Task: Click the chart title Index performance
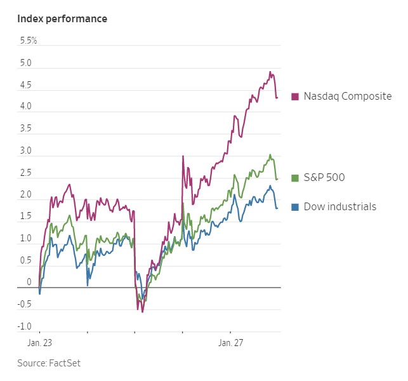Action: coord(62,18)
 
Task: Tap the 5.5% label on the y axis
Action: coord(29,41)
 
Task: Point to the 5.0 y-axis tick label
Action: coord(26,63)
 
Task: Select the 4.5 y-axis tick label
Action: coord(26,85)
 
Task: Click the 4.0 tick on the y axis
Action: coord(26,107)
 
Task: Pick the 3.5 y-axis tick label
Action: coord(26,130)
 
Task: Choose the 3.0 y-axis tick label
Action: coord(26,151)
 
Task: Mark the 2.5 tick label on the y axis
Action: coord(26,173)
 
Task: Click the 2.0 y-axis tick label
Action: coord(26,195)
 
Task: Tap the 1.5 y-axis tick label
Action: coord(26,217)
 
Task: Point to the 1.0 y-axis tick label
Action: coord(26,239)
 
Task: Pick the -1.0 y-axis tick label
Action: coord(24,326)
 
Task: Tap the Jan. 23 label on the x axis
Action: coord(39,343)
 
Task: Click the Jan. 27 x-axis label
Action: coord(232,343)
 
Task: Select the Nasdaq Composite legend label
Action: coord(347,97)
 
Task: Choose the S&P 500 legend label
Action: coord(324,177)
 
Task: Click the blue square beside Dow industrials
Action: coord(295,206)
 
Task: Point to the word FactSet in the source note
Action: coord(65,363)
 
